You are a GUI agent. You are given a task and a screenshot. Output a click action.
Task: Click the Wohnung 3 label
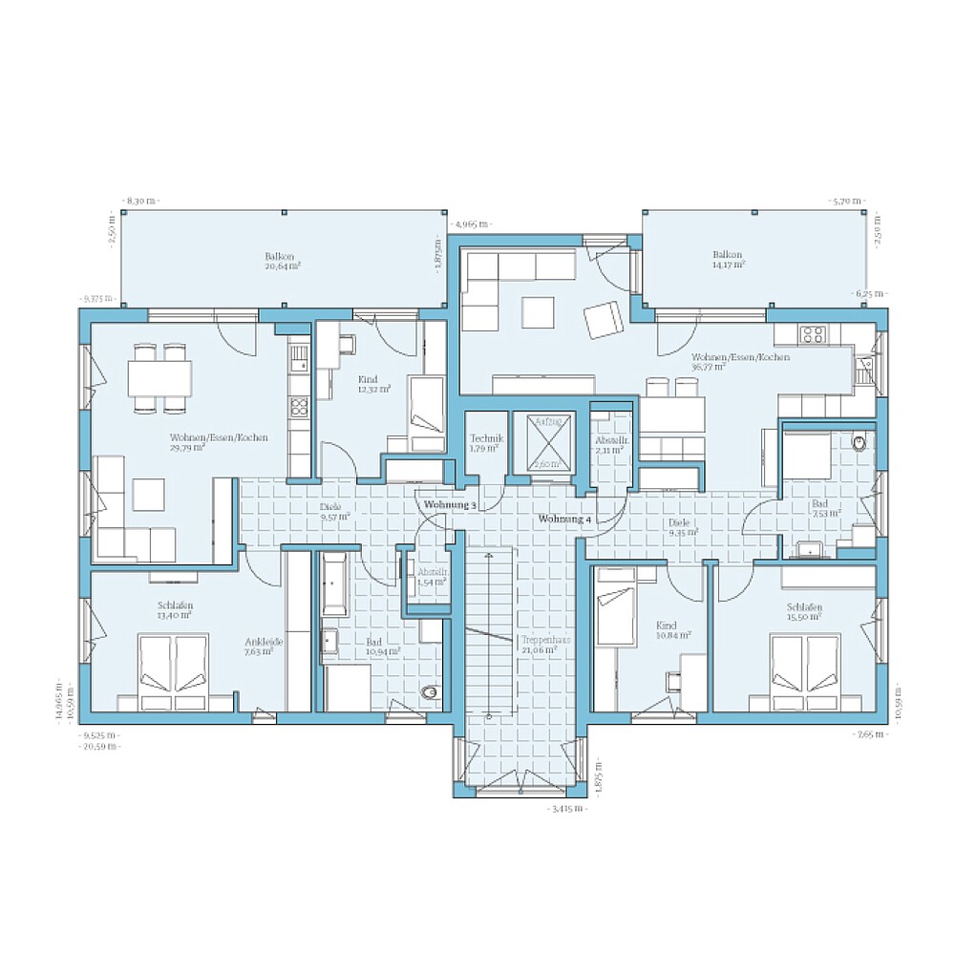coord(450,504)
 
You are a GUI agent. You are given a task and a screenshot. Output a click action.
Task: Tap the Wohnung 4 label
coord(564,519)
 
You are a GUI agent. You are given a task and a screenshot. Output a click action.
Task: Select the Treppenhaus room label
coord(540,644)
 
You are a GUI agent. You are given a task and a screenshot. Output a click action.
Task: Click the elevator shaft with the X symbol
coord(545,442)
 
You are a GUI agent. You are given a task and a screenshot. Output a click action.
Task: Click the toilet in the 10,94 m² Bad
coord(431,691)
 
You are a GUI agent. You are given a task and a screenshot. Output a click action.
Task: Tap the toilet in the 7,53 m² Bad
coord(860,443)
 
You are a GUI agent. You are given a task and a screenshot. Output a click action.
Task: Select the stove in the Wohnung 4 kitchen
coord(813,334)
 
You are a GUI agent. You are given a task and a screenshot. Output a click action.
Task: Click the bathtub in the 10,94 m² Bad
coord(335,583)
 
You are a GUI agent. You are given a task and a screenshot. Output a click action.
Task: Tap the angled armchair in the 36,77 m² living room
coord(603,320)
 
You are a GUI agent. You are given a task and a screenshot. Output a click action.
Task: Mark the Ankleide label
coord(265,647)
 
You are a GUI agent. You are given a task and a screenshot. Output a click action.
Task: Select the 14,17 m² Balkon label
coord(728,259)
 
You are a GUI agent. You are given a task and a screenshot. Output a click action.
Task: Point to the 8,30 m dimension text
coord(141,202)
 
